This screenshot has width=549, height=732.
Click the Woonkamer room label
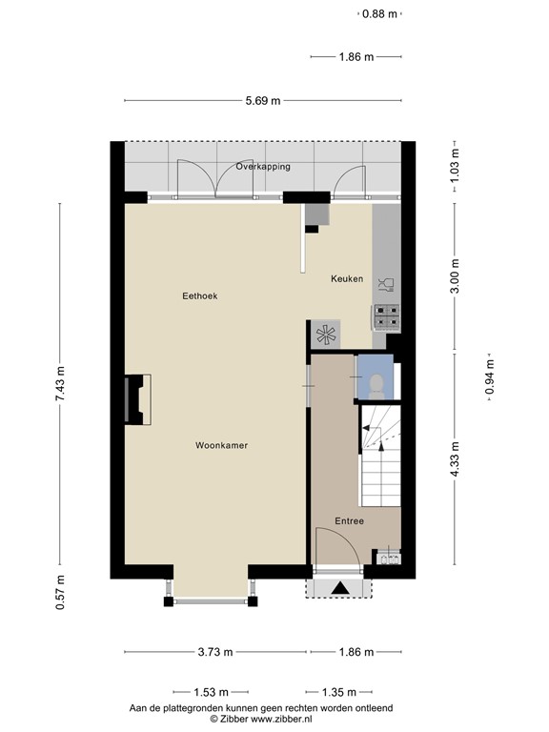coord(222,445)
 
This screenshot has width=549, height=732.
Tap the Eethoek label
coord(200,296)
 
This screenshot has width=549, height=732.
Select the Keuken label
coord(347,279)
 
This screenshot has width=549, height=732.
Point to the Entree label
coord(349,520)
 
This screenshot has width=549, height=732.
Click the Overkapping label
coord(263,167)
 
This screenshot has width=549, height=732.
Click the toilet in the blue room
coord(376,383)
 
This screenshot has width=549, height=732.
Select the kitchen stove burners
coord(387,315)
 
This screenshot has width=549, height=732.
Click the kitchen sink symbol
coord(387,283)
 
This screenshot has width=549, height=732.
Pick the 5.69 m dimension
coord(263,101)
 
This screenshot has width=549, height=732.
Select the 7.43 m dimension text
coord(60,384)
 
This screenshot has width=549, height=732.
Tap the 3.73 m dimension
coord(215,653)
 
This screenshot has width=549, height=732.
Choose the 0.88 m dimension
coord(379,13)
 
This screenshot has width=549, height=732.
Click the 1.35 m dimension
coord(337,692)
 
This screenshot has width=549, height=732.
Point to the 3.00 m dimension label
coord(456,276)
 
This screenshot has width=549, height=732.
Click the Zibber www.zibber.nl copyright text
coord(261,720)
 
